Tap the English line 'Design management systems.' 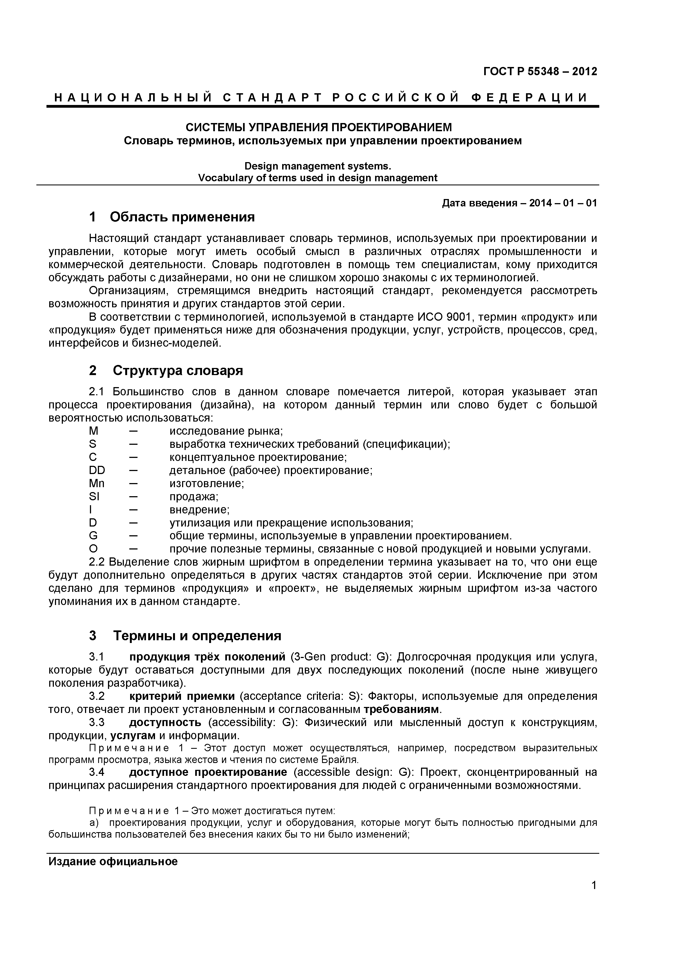click(x=317, y=166)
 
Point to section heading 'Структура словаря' click(x=178, y=370)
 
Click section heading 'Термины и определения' click(x=197, y=636)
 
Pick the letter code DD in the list click(x=97, y=470)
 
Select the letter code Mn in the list click(x=97, y=483)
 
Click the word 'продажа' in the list click(x=193, y=497)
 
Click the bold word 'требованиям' click(x=401, y=709)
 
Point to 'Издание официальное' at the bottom click(x=113, y=862)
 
